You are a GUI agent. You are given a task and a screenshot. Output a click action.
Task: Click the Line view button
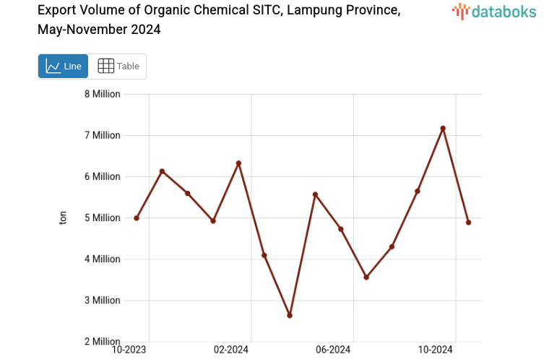pos(63,66)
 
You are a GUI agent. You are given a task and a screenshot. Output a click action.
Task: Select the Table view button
pos(118,66)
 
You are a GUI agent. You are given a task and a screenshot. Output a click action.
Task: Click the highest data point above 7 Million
pos(443,129)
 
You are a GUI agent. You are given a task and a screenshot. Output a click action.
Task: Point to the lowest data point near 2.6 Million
pos(290,315)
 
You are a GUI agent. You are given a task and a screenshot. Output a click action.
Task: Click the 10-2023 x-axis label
pos(129,350)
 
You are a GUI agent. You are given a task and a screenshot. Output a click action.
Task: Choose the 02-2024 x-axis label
pos(231,350)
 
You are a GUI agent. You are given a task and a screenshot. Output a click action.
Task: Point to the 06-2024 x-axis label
pos(333,350)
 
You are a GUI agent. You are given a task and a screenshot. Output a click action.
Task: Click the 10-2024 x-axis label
pos(436,350)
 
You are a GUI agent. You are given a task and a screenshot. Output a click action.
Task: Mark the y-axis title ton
pos(63,218)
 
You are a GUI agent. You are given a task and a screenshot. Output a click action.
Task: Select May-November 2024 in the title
pos(99,30)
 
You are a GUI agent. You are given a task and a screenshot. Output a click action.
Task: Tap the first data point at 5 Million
pos(137,218)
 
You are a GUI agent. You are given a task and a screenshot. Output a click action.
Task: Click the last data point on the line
pos(468,223)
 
